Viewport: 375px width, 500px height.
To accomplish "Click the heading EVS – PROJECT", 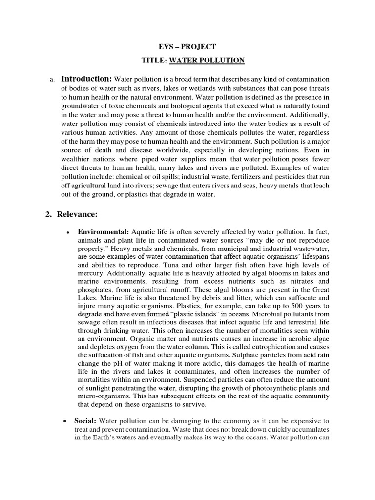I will [x=187, y=47].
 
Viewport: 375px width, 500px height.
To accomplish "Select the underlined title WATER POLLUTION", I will [x=213, y=61].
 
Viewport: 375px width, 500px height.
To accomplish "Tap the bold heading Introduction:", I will [x=86, y=79].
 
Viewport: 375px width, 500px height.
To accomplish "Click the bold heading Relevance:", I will [x=79, y=214].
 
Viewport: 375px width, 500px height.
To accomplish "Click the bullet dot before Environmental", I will [x=66, y=232].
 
